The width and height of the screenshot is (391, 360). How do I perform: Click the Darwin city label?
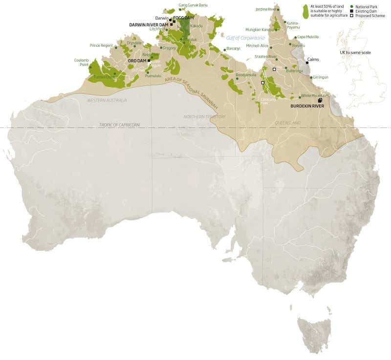click(162, 18)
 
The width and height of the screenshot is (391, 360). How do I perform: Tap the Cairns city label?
click(313, 59)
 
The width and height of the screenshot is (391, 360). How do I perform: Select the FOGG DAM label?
click(184, 18)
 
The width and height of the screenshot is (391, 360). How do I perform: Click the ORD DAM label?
click(137, 61)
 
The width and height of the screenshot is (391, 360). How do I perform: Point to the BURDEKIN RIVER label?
click(307, 106)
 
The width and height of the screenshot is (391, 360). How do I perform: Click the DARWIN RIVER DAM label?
click(148, 24)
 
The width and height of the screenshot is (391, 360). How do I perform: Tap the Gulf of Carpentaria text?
click(245, 38)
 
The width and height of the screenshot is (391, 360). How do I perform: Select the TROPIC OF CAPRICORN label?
click(119, 125)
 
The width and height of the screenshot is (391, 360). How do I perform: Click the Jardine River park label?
click(266, 9)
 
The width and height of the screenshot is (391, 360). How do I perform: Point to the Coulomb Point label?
click(81, 62)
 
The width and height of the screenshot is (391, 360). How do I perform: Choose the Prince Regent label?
click(101, 45)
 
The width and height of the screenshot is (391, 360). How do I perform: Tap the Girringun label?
click(321, 77)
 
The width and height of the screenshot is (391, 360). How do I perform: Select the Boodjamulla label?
click(246, 75)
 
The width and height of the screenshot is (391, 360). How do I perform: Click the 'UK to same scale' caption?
click(355, 52)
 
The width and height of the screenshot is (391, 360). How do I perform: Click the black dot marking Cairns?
click(307, 63)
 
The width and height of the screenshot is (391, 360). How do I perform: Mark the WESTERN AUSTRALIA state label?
click(107, 100)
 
